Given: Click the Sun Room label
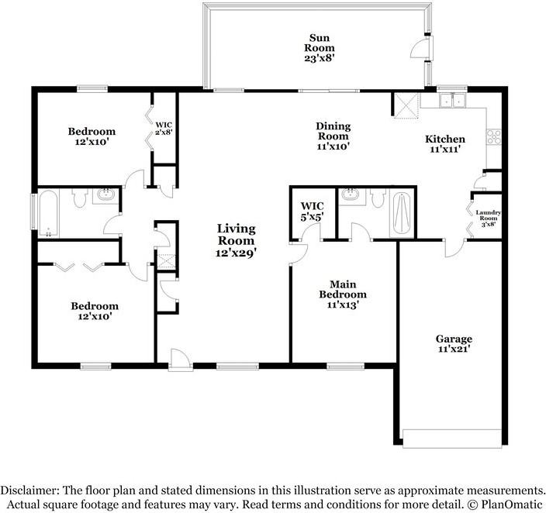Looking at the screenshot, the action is [x=320, y=43].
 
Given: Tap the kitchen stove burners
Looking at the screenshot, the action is [x=494, y=136].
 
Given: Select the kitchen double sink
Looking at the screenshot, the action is [x=453, y=100].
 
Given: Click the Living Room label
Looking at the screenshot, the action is [x=237, y=235].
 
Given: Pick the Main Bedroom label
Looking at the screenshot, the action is [x=343, y=290].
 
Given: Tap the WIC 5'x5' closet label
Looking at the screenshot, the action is [x=313, y=212].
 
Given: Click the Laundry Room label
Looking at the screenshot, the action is [x=489, y=215].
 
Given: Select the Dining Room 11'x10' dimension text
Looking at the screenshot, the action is [x=333, y=146].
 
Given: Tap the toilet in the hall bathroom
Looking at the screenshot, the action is [x=79, y=198].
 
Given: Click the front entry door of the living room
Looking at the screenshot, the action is [x=180, y=359].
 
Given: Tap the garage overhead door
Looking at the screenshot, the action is [x=452, y=439].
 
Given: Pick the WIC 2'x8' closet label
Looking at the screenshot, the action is [x=164, y=128].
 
